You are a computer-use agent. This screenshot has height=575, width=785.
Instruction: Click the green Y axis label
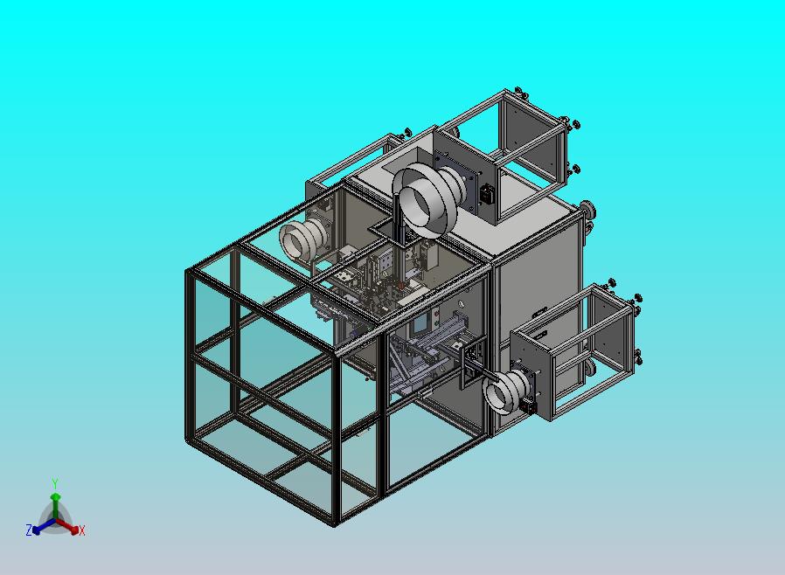point(55,483)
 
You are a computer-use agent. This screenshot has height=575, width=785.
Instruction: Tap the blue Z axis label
point(29,530)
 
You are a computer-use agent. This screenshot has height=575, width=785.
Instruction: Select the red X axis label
point(82,530)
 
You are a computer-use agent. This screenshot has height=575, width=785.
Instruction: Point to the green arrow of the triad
point(55,507)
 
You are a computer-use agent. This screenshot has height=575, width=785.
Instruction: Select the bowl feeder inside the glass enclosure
point(302,239)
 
